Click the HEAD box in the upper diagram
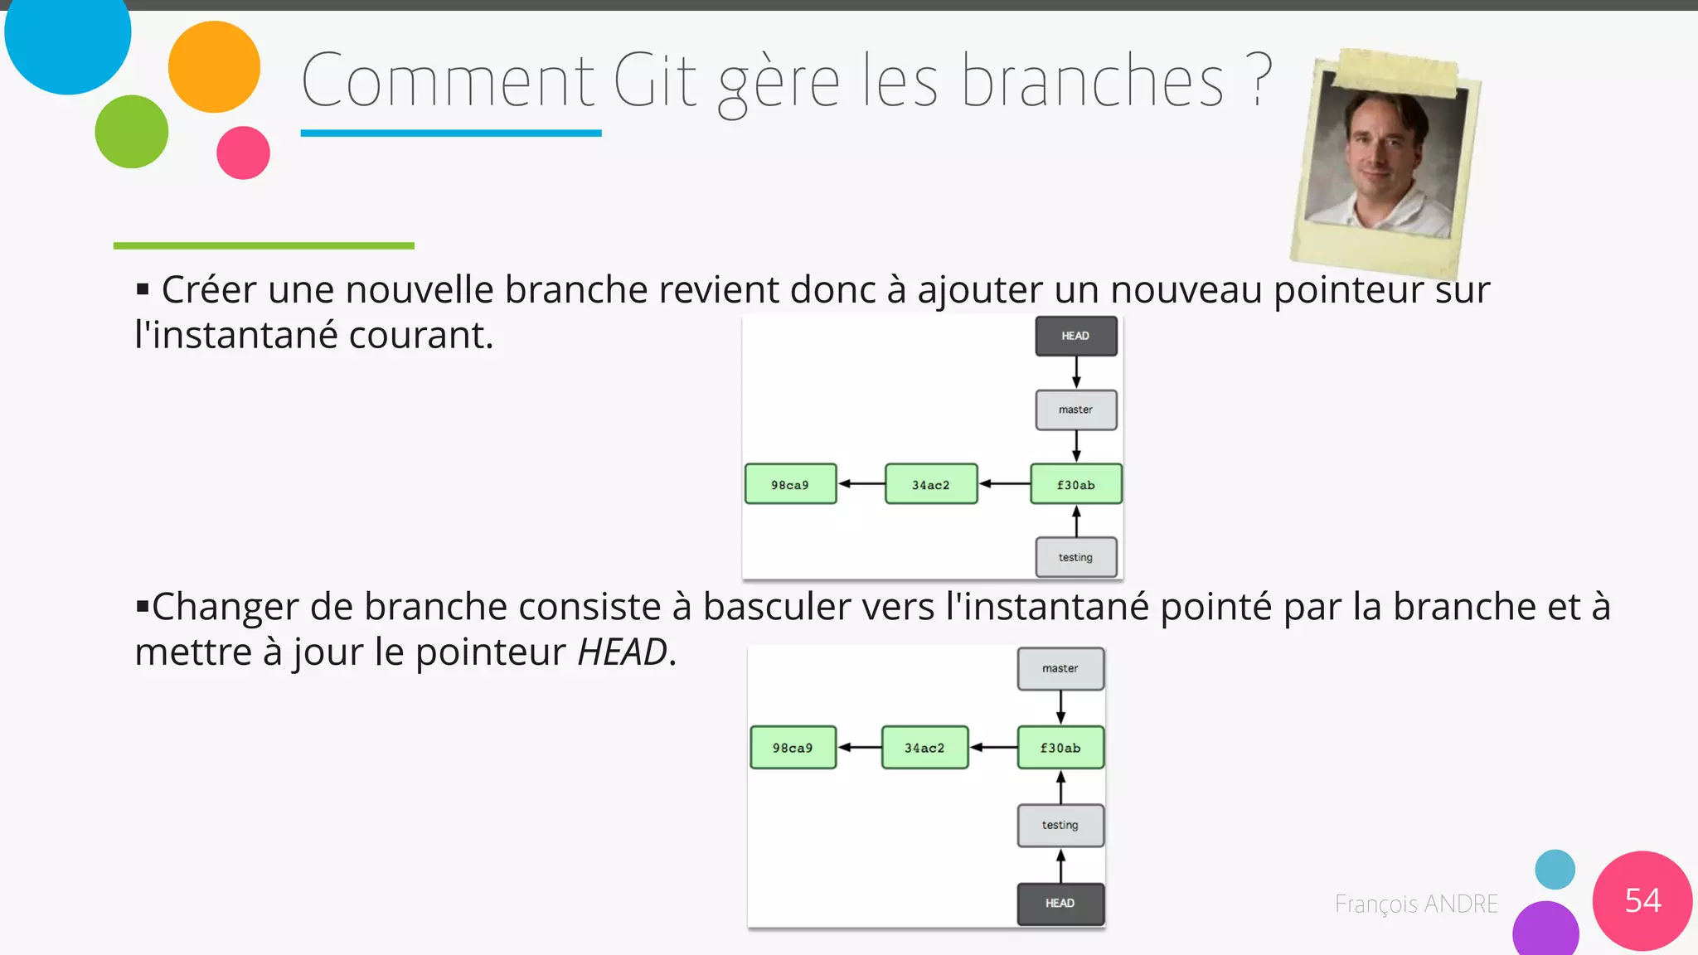tap(1076, 336)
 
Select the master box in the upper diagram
tap(1076, 410)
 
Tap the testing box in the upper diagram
tap(1076, 557)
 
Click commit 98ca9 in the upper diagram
tap(790, 484)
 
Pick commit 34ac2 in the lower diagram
tap(924, 748)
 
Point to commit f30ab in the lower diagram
tap(1060, 748)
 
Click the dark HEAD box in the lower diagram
tap(1060, 903)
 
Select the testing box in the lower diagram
tap(1060, 825)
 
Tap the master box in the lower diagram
tap(1060, 668)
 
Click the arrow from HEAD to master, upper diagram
tap(1076, 372)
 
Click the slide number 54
tap(1642, 900)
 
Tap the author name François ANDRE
tap(1416, 904)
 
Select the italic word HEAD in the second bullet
tap(622, 652)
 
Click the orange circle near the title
tap(214, 67)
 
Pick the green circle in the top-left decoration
tap(132, 131)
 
